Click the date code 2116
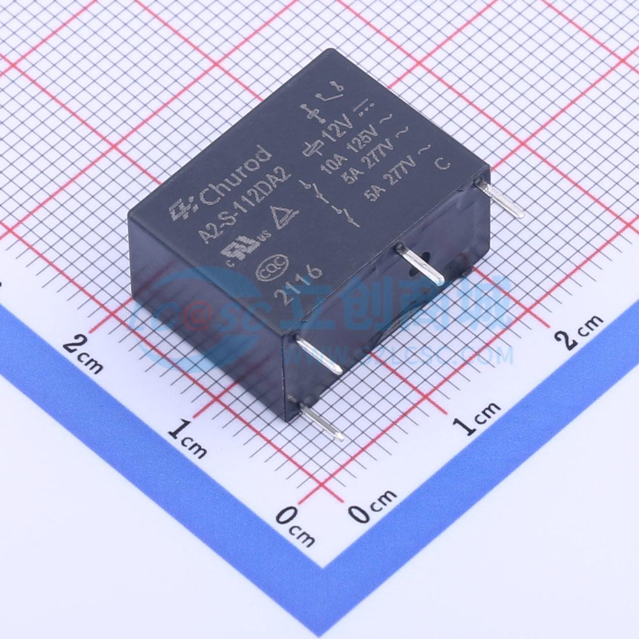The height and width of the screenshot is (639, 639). (x=301, y=282)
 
